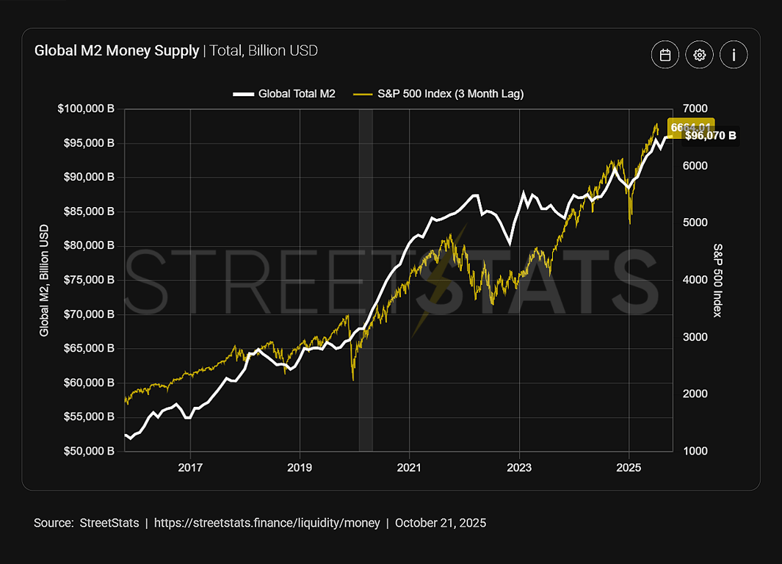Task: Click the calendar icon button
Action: (665, 55)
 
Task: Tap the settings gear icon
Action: (700, 55)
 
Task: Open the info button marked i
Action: (734, 55)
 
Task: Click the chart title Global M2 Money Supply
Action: (117, 51)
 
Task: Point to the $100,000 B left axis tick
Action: (86, 109)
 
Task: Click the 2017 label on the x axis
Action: (190, 467)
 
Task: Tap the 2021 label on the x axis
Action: (409, 467)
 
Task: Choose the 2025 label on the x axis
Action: (629, 467)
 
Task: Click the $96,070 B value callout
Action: (710, 136)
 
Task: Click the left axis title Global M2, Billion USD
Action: (44, 280)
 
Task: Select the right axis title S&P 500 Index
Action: (718, 280)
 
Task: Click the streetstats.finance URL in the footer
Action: (267, 523)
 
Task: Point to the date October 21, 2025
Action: (440, 523)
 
